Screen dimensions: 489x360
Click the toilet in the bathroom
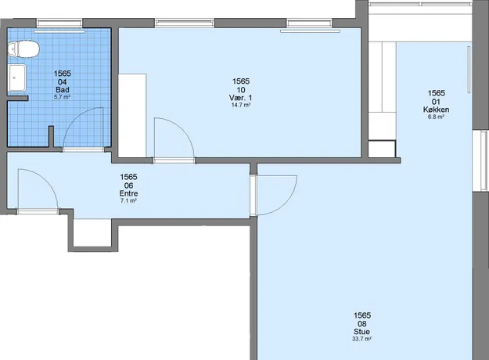pos(23,49)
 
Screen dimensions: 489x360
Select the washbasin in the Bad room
pos(17,78)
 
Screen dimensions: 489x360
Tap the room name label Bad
pos(63,90)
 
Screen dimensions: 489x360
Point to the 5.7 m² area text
pos(62,97)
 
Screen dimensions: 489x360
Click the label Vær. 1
pos(240,98)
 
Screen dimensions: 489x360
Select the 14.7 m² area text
pos(241,105)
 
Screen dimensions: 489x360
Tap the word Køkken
pos(436,110)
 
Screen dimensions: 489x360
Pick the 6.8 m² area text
pos(436,117)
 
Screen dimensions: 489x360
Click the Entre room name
pos(128,193)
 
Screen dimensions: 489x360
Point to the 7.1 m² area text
pos(128,200)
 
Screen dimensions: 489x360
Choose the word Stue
pos(361,332)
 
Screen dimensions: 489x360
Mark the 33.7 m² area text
pos(361,339)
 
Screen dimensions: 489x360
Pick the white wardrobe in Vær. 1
pos(132,115)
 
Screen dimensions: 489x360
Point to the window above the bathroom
pos(59,23)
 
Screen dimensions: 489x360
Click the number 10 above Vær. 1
pos(241,90)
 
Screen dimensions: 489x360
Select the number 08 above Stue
pos(362,324)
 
